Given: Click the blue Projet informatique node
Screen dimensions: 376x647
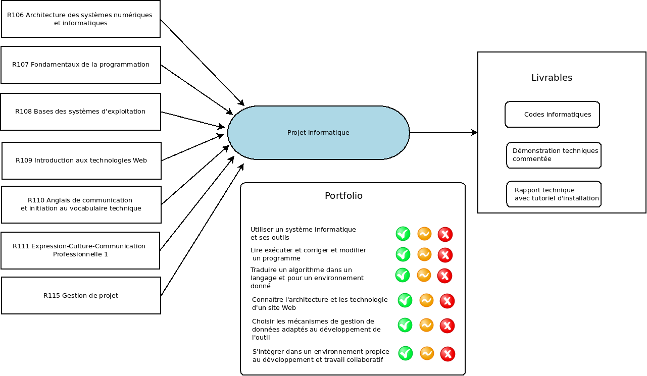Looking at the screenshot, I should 318,133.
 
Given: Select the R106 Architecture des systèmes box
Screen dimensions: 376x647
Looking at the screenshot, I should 81,19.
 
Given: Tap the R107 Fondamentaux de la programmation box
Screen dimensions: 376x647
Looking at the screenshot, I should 81,65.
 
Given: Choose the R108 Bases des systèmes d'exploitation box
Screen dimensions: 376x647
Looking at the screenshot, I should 80,112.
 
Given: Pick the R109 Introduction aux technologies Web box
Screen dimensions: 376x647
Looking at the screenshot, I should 81,160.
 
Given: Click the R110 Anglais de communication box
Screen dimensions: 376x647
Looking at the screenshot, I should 81,204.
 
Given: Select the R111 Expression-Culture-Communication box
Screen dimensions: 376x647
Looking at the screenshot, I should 80,250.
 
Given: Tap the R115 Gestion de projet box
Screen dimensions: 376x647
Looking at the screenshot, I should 81,295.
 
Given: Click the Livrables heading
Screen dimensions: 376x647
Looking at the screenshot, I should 552,78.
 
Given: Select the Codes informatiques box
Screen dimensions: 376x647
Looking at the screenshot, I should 552,115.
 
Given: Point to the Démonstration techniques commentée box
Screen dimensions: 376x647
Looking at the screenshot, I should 554,155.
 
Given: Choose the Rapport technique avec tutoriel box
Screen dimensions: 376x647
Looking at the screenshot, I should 554,194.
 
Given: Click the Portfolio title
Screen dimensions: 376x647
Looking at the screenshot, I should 343,196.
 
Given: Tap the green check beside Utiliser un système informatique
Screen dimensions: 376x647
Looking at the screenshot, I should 403,234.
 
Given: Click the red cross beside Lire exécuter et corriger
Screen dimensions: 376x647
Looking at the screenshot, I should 445,255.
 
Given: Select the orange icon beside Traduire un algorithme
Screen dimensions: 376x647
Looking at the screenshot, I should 424,275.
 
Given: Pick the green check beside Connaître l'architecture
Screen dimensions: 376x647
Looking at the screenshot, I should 405,300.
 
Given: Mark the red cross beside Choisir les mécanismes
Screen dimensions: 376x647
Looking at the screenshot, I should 447,326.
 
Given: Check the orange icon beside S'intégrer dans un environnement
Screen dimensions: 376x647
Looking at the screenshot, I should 427,353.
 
